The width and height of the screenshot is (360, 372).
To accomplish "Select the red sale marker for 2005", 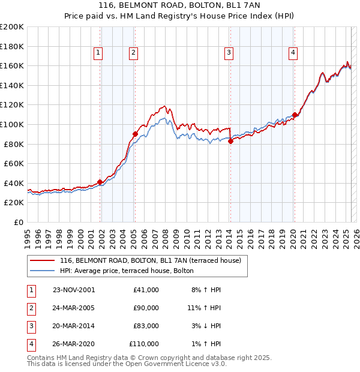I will pyautogui.click(x=135, y=134).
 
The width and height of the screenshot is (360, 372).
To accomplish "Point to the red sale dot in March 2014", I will pyautogui.click(x=230, y=141).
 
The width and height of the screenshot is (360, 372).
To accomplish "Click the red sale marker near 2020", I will pyautogui.click(x=295, y=115).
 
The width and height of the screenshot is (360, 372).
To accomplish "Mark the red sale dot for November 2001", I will pyautogui.click(x=100, y=182).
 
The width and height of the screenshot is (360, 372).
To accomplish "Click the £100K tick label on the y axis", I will pyautogui.click(x=13, y=124).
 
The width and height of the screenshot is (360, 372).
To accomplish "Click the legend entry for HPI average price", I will pyautogui.click(x=126, y=271).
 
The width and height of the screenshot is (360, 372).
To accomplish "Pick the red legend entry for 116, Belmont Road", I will pyautogui.click(x=150, y=260).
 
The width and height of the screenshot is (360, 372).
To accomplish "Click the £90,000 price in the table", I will pyautogui.click(x=146, y=307).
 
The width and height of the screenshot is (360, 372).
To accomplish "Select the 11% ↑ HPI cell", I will pyautogui.click(x=204, y=307).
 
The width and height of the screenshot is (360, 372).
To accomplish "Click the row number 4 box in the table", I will pyautogui.click(x=31, y=344).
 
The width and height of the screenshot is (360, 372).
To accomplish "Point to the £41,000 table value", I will pyautogui.click(x=146, y=289).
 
